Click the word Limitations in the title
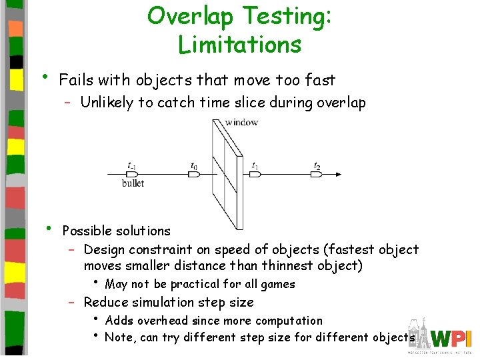click(x=240, y=44)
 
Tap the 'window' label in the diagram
click(x=241, y=122)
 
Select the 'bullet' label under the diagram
click(x=133, y=183)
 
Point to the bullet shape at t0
click(x=195, y=174)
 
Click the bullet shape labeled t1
click(x=256, y=174)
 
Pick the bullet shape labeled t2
click(x=317, y=174)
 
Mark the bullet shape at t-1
click(x=133, y=174)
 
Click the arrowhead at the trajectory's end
click(x=339, y=174)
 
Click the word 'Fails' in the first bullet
click(x=76, y=81)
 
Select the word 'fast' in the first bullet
click(x=321, y=81)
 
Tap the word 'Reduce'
click(x=106, y=303)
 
